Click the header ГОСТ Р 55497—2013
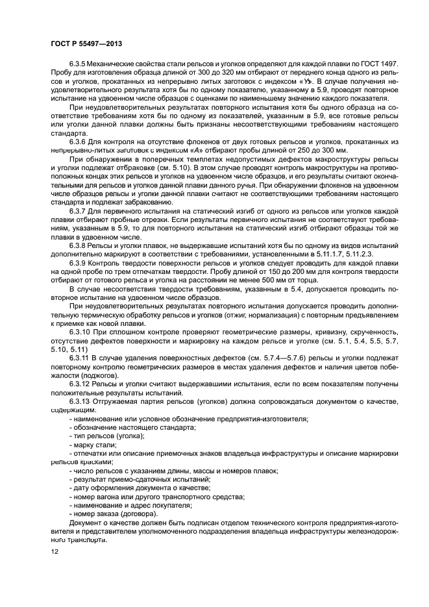point(86,43)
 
